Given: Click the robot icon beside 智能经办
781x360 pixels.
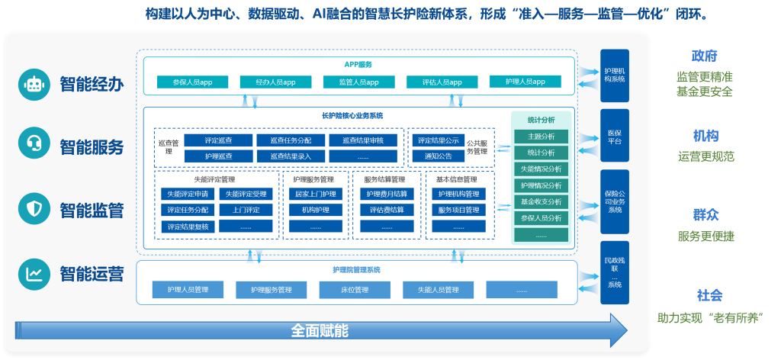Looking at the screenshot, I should tap(34, 84).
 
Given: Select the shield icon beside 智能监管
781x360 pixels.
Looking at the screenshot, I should tap(34, 209).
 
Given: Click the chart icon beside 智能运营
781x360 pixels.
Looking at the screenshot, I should tap(34, 272).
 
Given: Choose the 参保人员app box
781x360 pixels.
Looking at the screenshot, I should tap(192, 82).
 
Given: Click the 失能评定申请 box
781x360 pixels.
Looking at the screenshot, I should tap(187, 194).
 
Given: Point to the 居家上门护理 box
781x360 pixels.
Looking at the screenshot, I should tap(314, 194).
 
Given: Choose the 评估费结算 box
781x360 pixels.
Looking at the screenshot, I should tap(387, 210).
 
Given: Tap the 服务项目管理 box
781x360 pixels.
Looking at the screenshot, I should tap(458, 210).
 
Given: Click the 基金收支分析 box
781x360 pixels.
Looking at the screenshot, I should tap(541, 202).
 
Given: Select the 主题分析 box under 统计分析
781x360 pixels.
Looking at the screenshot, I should tap(541, 136).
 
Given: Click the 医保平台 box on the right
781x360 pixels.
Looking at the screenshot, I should tap(614, 137).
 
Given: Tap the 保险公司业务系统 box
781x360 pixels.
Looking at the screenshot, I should tap(614, 201).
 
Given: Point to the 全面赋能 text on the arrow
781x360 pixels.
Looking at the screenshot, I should tap(320, 330).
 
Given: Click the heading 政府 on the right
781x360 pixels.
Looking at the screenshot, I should tap(705, 56).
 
